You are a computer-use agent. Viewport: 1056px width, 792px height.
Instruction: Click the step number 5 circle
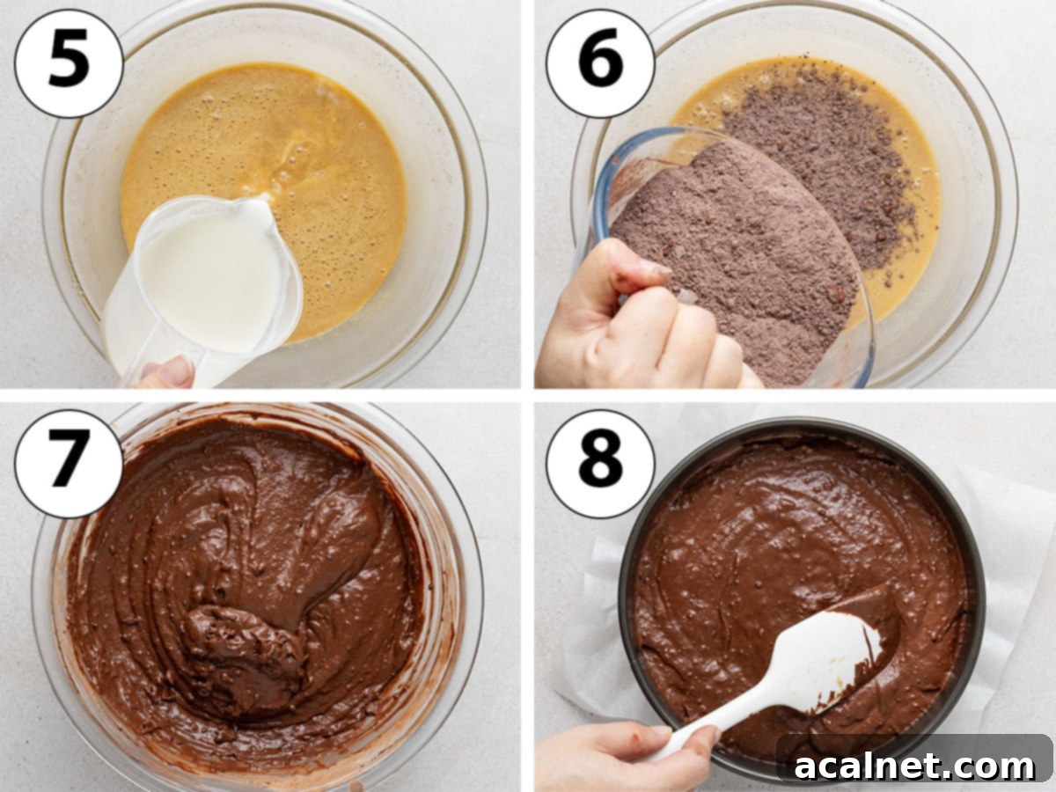pos(69,62)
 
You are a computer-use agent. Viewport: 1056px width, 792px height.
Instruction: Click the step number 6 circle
pos(600,62)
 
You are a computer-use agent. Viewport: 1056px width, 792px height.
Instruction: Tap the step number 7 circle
pos(69,463)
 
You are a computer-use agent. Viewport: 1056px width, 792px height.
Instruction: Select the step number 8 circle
pos(600,463)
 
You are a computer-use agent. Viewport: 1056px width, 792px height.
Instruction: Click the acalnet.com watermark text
pos(915,766)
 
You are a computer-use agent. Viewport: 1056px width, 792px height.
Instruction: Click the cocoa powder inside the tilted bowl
pos(730,264)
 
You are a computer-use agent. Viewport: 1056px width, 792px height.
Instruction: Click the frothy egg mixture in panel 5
pos(264,141)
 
